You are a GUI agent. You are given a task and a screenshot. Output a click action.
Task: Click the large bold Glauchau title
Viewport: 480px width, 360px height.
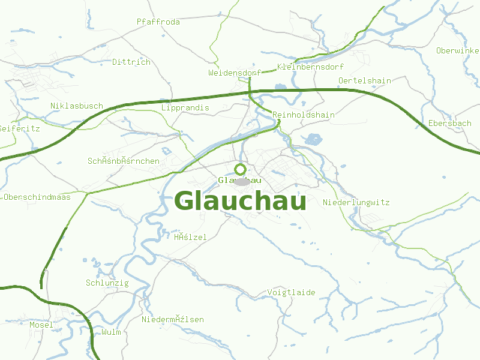(241, 201)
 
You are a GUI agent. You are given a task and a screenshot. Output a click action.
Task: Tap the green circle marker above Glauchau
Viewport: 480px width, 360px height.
(240, 169)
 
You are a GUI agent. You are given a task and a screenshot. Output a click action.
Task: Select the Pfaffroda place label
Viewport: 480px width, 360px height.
(158, 22)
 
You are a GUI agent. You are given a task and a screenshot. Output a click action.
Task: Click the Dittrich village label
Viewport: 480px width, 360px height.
(131, 62)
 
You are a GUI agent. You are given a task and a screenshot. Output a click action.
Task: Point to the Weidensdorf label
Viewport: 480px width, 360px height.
(235, 73)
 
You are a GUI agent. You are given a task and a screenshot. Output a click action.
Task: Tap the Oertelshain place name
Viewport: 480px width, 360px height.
(365, 80)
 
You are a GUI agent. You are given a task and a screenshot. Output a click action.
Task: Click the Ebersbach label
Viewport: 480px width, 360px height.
(449, 123)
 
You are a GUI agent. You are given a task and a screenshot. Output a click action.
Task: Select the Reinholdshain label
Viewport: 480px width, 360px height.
(303, 115)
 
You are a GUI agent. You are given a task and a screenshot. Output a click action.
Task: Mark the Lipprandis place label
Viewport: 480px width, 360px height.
(185, 107)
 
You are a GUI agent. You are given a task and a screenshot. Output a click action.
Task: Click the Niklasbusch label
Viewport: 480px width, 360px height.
(77, 106)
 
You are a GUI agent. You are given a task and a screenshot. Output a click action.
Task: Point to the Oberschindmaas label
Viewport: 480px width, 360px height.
(37, 197)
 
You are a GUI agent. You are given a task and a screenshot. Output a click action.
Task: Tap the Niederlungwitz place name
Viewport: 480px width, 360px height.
(356, 202)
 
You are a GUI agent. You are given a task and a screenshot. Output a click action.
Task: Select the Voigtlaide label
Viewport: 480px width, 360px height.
(291, 293)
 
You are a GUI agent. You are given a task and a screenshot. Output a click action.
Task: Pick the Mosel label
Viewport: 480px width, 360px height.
(41, 325)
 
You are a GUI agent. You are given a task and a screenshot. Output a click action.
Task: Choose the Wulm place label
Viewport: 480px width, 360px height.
(111, 332)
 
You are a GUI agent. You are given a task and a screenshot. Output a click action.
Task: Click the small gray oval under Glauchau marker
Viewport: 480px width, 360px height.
(241, 181)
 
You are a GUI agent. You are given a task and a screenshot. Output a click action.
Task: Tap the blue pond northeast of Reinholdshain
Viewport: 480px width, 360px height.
(313, 140)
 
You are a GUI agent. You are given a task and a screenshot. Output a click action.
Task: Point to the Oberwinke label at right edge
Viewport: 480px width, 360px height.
(458, 50)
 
